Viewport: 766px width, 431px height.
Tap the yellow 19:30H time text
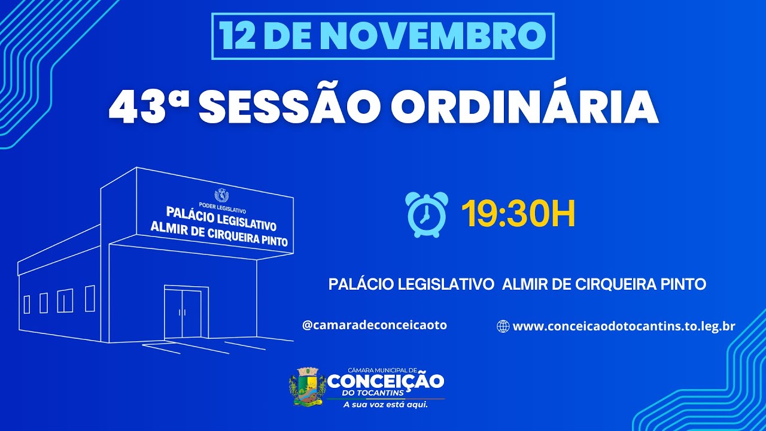[518, 214]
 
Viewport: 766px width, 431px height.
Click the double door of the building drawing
[183, 313]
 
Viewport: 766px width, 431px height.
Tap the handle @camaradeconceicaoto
[375, 325]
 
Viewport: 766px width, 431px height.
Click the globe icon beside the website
[503, 326]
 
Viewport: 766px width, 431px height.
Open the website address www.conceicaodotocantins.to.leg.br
[624, 326]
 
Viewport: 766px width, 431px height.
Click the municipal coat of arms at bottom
[308, 387]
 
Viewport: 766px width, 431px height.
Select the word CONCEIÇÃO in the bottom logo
[386, 381]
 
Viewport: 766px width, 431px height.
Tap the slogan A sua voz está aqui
[385, 405]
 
